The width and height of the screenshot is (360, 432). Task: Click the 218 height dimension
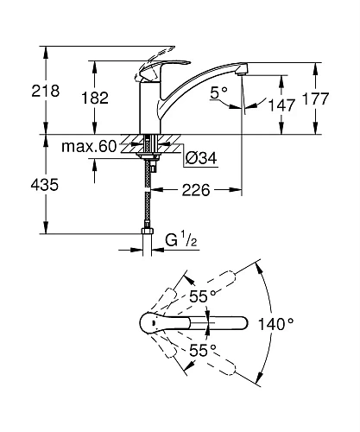click(46, 91)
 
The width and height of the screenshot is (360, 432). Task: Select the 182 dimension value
click(95, 98)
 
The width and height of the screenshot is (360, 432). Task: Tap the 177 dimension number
click(315, 98)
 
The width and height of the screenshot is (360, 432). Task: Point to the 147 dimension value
click(281, 105)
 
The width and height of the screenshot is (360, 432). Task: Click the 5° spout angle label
click(218, 92)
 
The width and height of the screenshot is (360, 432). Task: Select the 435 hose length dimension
click(45, 184)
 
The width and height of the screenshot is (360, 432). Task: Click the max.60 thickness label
click(89, 146)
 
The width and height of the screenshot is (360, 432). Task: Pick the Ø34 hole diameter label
click(201, 158)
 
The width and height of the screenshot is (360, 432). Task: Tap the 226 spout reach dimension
click(196, 190)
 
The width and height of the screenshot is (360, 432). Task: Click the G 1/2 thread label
click(181, 240)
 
